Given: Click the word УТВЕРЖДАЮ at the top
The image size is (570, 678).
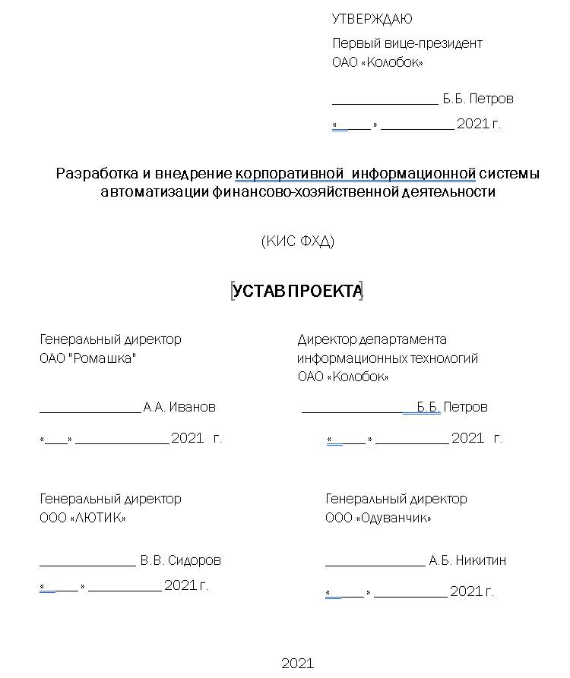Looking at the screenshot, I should coord(372,19).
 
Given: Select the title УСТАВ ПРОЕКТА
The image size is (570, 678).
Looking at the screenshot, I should coord(297,291).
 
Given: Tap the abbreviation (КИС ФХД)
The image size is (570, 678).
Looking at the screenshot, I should coord(298,241).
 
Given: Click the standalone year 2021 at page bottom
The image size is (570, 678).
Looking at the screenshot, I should coord(297,664).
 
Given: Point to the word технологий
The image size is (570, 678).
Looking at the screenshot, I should coord(444,358).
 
